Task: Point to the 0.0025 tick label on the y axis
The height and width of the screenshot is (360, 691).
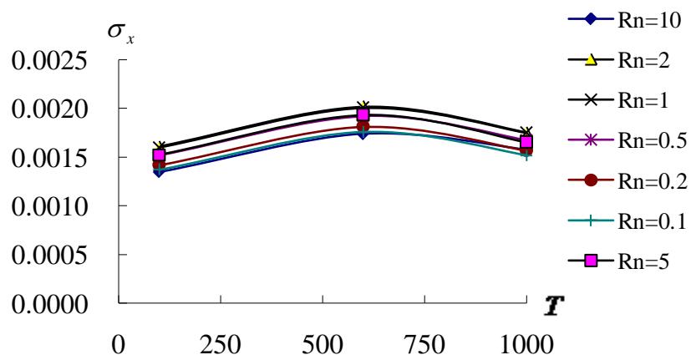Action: click(49, 61)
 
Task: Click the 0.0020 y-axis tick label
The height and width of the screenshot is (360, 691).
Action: click(49, 109)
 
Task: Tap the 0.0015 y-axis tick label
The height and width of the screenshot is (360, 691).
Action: click(49, 158)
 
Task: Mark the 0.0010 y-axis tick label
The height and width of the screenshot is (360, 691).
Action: click(49, 206)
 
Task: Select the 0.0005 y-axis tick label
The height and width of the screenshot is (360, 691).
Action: click(49, 255)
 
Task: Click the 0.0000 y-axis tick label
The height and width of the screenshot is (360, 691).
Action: click(49, 303)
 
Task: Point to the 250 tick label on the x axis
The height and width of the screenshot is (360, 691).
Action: click(221, 342)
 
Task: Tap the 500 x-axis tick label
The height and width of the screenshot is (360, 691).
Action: click(323, 342)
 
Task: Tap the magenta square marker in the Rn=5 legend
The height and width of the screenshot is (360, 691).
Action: click(591, 261)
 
